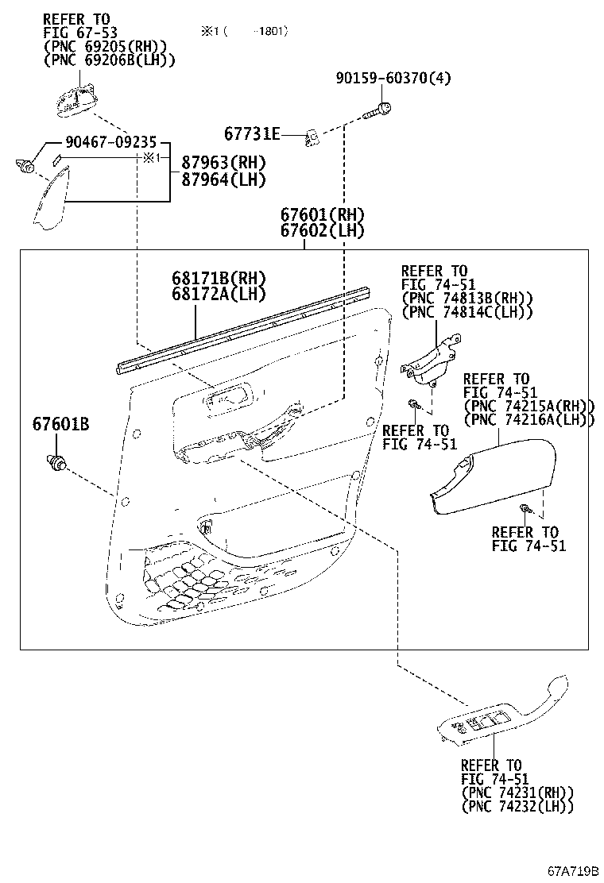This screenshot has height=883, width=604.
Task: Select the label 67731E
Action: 252,134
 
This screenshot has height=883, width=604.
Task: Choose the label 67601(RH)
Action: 321,214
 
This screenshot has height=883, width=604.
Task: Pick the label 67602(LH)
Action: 321,230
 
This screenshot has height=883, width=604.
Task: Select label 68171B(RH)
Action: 218,279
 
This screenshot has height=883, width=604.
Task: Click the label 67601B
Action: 60,425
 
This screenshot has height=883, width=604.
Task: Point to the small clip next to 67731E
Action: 313,139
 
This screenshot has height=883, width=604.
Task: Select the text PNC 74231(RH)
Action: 517,792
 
